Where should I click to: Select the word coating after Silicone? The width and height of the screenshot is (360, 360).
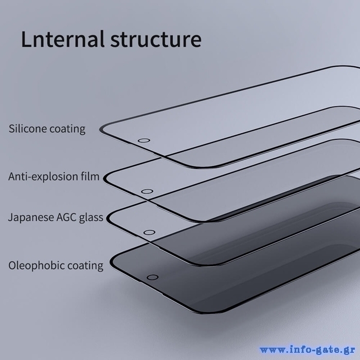point(67,129)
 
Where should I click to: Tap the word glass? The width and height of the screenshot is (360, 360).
point(92,217)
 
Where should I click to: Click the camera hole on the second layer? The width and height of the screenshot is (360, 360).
point(147,192)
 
